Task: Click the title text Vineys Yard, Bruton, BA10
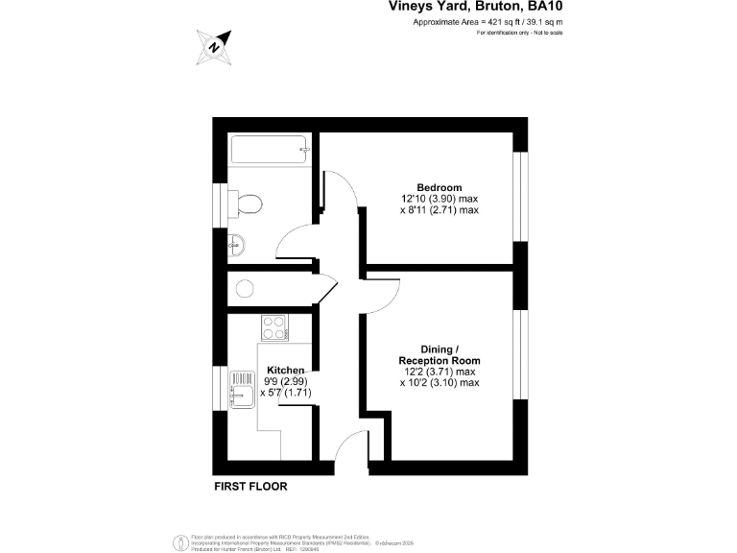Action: point(476,7)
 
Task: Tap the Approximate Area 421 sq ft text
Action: point(487,21)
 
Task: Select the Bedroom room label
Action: point(439,187)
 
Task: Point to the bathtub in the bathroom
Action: point(270,150)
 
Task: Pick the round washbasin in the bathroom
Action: point(236,246)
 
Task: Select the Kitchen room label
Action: point(285,370)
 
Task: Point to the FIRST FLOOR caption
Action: point(250,486)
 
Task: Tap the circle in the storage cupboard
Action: point(244,287)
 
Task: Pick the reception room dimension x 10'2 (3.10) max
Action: point(439,383)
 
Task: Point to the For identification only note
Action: point(519,33)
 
